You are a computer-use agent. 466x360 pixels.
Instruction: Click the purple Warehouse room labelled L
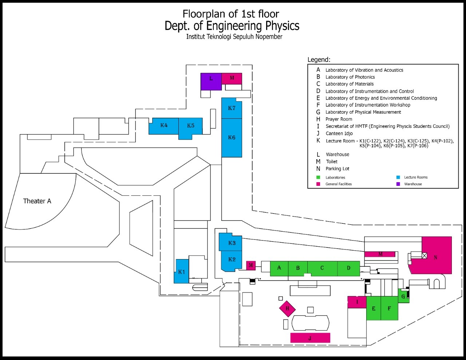click(211, 81)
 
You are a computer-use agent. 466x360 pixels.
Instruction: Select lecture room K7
click(232, 109)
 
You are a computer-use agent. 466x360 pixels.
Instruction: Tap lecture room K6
click(232, 138)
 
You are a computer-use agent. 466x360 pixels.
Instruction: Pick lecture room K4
click(164, 126)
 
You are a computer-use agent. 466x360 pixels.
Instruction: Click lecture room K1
click(182, 271)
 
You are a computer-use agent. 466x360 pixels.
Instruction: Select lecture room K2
click(232, 260)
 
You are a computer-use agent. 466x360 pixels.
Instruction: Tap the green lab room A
click(279, 268)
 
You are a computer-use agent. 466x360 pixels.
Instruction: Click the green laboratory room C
click(322, 268)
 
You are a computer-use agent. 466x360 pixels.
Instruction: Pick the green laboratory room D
click(348, 268)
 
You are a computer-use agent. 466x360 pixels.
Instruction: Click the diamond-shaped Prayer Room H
click(288, 309)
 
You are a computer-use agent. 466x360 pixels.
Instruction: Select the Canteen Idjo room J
click(310, 338)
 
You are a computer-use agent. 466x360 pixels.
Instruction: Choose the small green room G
click(403, 296)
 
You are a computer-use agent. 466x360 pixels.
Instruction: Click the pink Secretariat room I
click(357, 302)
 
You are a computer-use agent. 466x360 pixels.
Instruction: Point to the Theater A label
click(37, 201)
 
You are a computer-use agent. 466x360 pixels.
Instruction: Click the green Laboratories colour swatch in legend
click(318, 177)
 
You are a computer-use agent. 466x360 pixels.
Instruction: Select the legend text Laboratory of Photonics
click(350, 77)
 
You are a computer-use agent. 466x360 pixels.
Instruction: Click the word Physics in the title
click(282, 26)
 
